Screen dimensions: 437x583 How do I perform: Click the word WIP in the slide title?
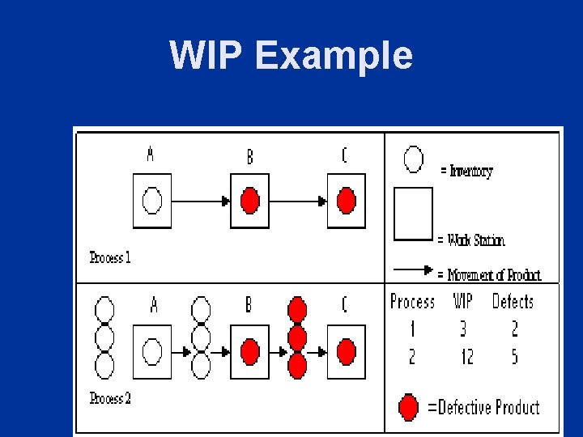click(206, 56)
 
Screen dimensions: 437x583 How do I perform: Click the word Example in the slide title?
click(334, 57)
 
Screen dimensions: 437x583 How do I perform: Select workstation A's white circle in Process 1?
click(152, 200)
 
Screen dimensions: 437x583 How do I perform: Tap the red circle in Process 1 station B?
click(250, 200)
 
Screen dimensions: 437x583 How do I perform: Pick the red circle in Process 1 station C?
click(347, 200)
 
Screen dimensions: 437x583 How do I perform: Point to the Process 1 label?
click(110, 258)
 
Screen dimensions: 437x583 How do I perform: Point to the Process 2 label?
click(110, 398)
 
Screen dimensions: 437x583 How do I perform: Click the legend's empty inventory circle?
click(414, 159)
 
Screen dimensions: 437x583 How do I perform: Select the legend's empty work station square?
click(413, 214)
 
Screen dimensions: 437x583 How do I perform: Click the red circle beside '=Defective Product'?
click(410, 406)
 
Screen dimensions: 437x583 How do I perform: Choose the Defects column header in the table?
click(513, 302)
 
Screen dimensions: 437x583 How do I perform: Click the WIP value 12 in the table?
click(463, 356)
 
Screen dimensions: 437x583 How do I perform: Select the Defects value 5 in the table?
click(514, 356)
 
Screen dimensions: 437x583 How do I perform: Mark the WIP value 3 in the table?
click(463, 329)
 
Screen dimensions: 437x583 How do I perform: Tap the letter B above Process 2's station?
click(249, 305)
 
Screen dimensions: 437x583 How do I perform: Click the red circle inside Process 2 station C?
click(347, 352)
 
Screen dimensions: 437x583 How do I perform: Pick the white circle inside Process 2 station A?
click(152, 352)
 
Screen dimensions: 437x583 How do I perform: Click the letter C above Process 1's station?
click(344, 155)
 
